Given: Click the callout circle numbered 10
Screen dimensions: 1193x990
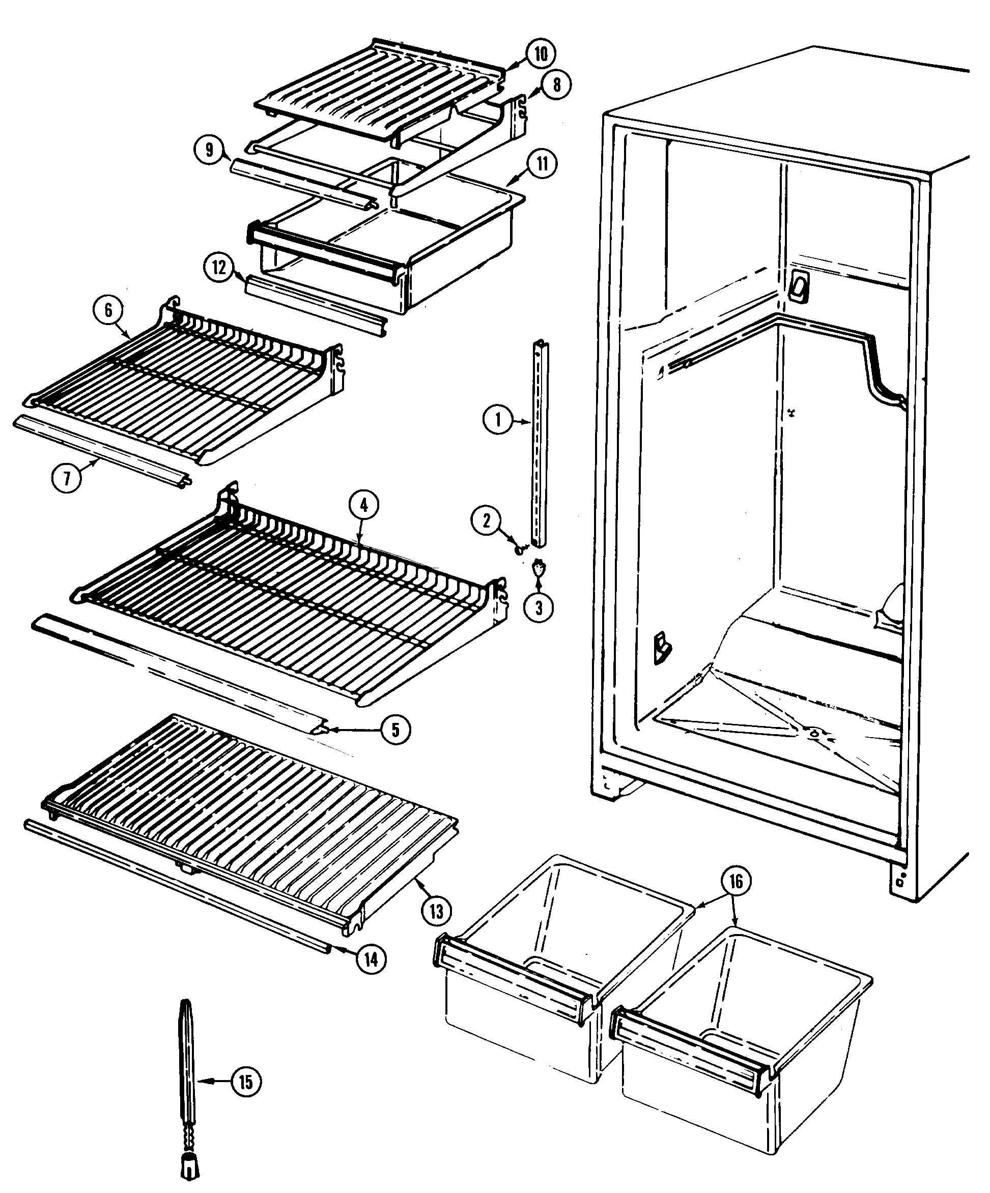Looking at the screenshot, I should tap(541, 54).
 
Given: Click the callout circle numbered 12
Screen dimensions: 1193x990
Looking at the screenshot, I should tap(220, 268).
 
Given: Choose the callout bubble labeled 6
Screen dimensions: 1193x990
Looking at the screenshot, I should tap(108, 310).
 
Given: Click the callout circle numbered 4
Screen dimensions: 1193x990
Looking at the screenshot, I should tap(364, 505).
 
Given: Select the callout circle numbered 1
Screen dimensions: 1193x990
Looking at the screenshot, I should tap(498, 420).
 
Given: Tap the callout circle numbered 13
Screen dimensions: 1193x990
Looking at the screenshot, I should tap(436, 911).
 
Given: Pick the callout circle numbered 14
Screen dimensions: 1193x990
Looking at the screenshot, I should tap(371, 959).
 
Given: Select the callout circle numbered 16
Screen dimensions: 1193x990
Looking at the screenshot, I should tap(736, 881).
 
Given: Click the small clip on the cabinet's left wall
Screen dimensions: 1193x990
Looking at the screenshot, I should tap(662, 647).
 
